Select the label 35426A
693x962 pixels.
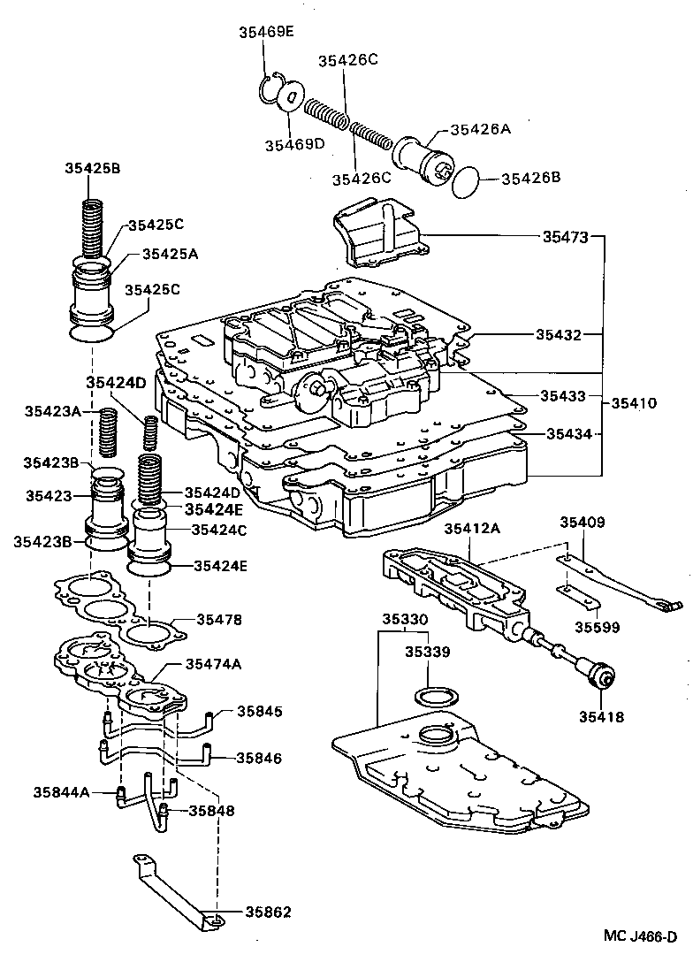coord(481,129)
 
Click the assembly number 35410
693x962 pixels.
coord(633,403)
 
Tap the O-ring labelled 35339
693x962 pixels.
coord(435,694)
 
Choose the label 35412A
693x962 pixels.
coord(472,529)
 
